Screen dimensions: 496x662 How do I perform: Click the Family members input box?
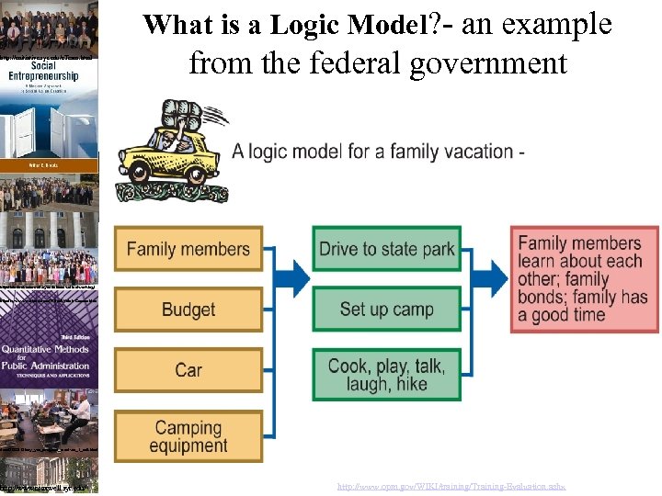point(188,249)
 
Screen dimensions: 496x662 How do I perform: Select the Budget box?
point(188,310)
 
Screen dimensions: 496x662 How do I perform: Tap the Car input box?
point(188,370)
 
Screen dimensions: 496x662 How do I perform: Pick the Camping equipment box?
point(188,436)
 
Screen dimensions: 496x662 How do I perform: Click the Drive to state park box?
point(386,249)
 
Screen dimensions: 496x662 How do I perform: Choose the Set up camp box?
point(386,309)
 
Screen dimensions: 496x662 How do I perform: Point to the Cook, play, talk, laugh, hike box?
point(386,374)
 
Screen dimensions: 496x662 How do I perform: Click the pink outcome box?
point(585,279)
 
